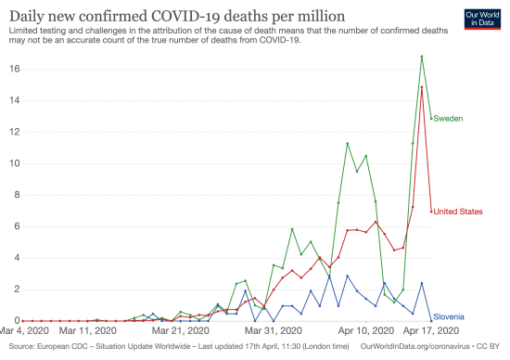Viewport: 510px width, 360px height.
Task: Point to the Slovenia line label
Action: (449, 317)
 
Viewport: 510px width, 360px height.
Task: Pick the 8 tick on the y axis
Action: (14, 195)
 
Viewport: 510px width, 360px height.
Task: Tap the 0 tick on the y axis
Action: (14, 321)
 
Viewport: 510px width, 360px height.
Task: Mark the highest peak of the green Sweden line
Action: (422, 57)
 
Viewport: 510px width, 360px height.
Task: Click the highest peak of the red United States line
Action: (422, 86)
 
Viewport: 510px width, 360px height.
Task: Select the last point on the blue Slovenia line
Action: (431, 320)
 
